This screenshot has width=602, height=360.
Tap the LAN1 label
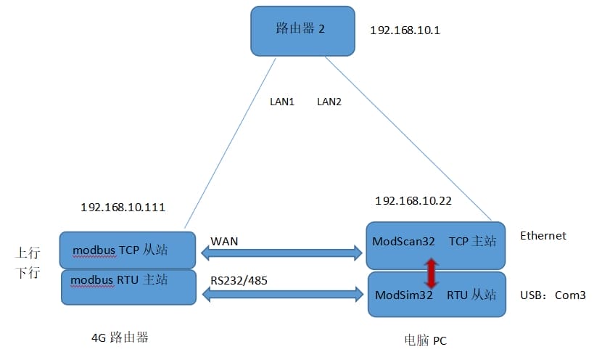282,102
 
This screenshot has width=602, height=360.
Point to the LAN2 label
329,102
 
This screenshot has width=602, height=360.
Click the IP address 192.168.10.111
123,207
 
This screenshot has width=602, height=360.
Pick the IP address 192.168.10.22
413,201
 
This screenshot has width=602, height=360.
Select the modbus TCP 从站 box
128,250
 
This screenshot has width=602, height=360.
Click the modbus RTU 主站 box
128,287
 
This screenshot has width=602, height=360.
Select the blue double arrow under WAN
281,253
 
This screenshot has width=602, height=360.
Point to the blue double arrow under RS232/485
283,295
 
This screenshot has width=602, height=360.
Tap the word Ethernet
543,236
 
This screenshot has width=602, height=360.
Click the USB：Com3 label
553,295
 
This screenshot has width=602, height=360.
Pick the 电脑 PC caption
426,340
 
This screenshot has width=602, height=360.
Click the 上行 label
27,253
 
